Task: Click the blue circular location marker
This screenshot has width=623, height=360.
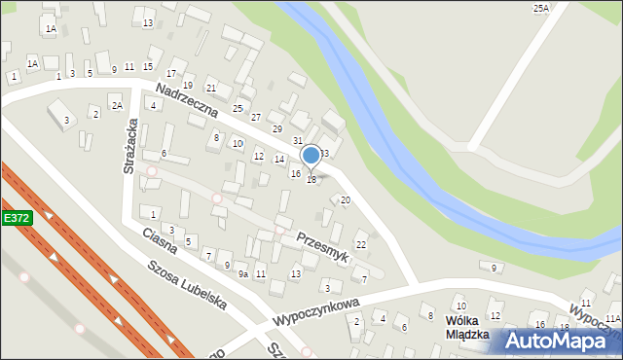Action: click(311, 156)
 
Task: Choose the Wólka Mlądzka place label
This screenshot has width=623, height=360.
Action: click(466, 327)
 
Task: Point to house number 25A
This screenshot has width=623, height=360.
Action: click(540, 8)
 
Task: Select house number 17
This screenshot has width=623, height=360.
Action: click(171, 74)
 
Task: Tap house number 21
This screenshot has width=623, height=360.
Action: click(210, 89)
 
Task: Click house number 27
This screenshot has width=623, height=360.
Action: click(255, 117)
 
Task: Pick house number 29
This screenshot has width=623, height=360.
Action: click(276, 129)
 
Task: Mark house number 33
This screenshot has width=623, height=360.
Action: click(325, 154)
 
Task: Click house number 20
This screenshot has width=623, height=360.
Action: click(345, 199)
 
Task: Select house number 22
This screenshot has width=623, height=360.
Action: click(360, 244)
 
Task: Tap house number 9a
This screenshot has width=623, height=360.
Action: click(244, 275)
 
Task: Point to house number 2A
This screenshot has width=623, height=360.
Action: click(116, 105)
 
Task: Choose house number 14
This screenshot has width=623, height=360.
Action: click(279, 159)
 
